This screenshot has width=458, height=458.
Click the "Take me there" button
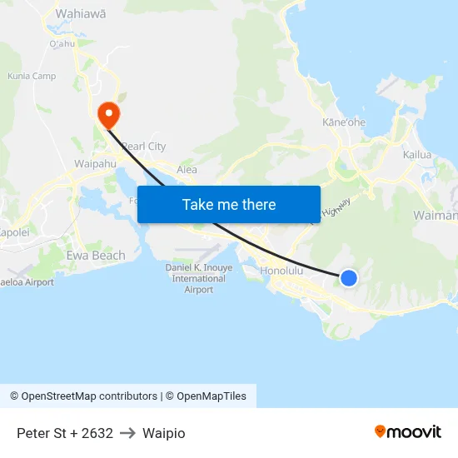click(229, 204)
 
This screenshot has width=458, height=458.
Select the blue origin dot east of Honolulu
click(349, 278)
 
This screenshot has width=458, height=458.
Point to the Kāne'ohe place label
click(344, 122)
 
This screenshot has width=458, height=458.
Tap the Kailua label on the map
click(417, 155)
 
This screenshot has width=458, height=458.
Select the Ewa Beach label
click(96, 256)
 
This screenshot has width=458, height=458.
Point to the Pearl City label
click(143, 147)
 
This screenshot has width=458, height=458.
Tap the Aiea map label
click(187, 170)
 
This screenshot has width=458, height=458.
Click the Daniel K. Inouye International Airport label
click(199, 278)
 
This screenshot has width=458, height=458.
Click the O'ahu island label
click(62, 43)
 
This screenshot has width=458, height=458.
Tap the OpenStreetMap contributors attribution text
click(83, 396)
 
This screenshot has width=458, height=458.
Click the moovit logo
click(408, 432)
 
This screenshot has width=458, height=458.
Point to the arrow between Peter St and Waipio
click(127, 433)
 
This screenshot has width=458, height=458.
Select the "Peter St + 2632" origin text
click(65, 433)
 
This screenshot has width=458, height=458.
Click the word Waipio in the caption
click(164, 433)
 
